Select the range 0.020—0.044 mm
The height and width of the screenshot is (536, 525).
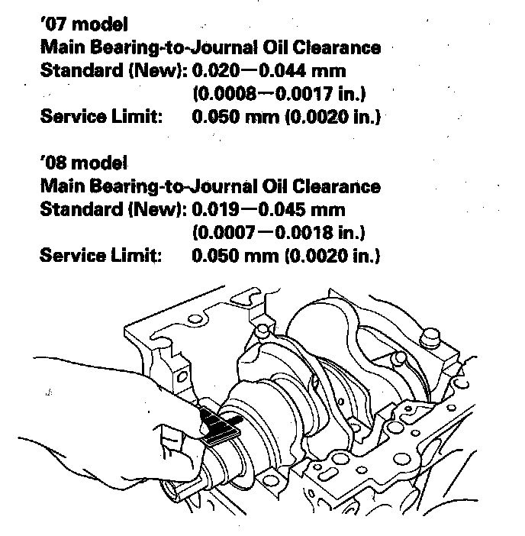point(269,72)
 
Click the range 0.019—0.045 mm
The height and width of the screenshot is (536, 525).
point(269,209)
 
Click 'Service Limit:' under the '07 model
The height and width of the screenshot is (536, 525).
point(100,118)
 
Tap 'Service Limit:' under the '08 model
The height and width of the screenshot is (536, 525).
point(100,255)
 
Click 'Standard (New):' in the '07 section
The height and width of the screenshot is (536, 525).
point(113,72)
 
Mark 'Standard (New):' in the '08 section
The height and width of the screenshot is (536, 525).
point(113,209)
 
